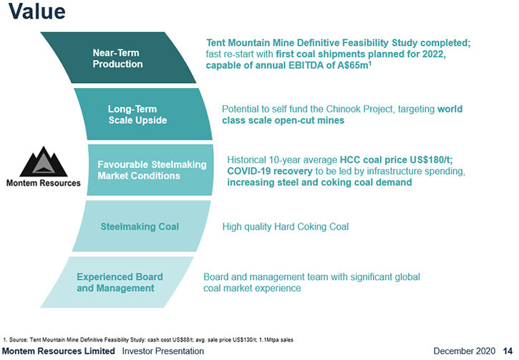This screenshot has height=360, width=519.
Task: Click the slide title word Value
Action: click(37, 11)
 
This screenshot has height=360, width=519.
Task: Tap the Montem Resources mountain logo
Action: click(44, 162)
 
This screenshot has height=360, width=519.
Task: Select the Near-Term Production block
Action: click(118, 57)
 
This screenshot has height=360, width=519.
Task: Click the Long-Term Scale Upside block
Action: click(143, 114)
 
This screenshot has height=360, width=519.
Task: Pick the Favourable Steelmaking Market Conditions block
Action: click(150, 170)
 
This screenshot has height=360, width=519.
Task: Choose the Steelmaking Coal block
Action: click(141, 226)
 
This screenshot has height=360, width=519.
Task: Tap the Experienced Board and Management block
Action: click(117, 282)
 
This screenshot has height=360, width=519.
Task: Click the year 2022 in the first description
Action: click(434, 54)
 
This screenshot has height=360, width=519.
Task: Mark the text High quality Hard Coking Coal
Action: click(286, 227)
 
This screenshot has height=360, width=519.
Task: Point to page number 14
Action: click(508, 351)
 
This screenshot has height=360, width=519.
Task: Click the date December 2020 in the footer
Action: click(464, 351)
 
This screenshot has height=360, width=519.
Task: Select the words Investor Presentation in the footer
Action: click(163, 351)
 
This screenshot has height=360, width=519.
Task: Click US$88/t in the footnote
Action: click(183, 339)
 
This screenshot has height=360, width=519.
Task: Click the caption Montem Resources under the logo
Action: click(44, 183)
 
